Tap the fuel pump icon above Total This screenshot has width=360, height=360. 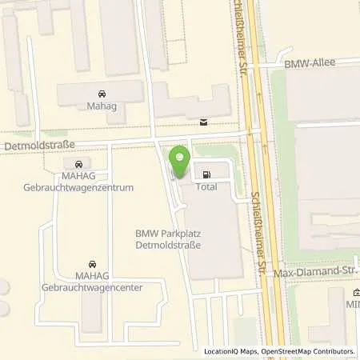(207, 175)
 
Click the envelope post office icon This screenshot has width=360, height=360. (203, 122)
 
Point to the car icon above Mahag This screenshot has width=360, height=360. (101, 94)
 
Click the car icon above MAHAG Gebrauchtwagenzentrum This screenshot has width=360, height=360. (78, 165)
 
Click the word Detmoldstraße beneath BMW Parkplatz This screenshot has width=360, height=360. (167, 245)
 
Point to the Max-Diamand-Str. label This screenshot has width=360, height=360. (315, 273)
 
